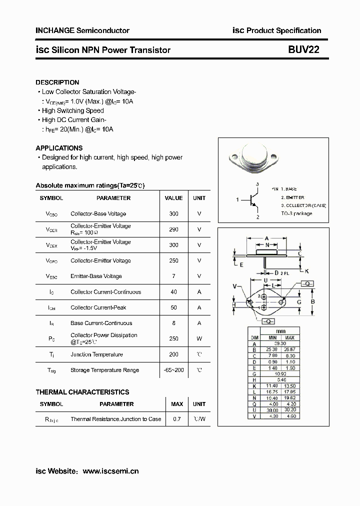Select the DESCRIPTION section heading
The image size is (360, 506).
point(57,82)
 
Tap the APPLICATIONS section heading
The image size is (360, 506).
point(59,148)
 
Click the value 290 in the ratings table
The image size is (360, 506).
point(174,229)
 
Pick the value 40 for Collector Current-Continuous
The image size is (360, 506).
point(174,292)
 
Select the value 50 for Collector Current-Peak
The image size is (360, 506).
point(174,307)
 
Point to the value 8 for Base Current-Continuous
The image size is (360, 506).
point(174,323)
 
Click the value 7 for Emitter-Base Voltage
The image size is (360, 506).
point(174,276)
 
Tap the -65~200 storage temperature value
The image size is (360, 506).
point(174,370)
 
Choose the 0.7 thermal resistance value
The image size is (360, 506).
point(177,419)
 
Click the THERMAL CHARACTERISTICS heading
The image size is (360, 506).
point(82,392)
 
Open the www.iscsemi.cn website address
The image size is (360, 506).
point(110,471)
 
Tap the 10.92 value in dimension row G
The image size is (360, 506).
point(279,373)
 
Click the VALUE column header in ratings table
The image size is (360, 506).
point(174,198)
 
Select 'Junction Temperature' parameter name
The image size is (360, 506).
point(96,354)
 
